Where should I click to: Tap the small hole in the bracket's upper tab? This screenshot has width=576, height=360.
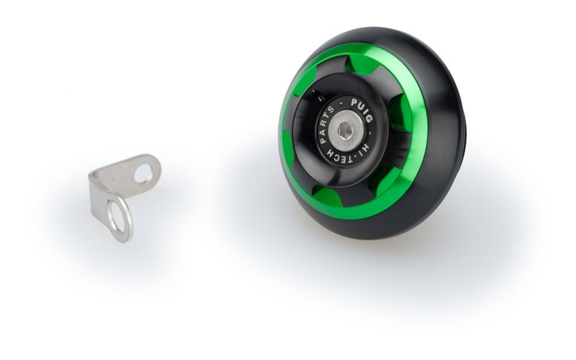[x=143, y=172]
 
